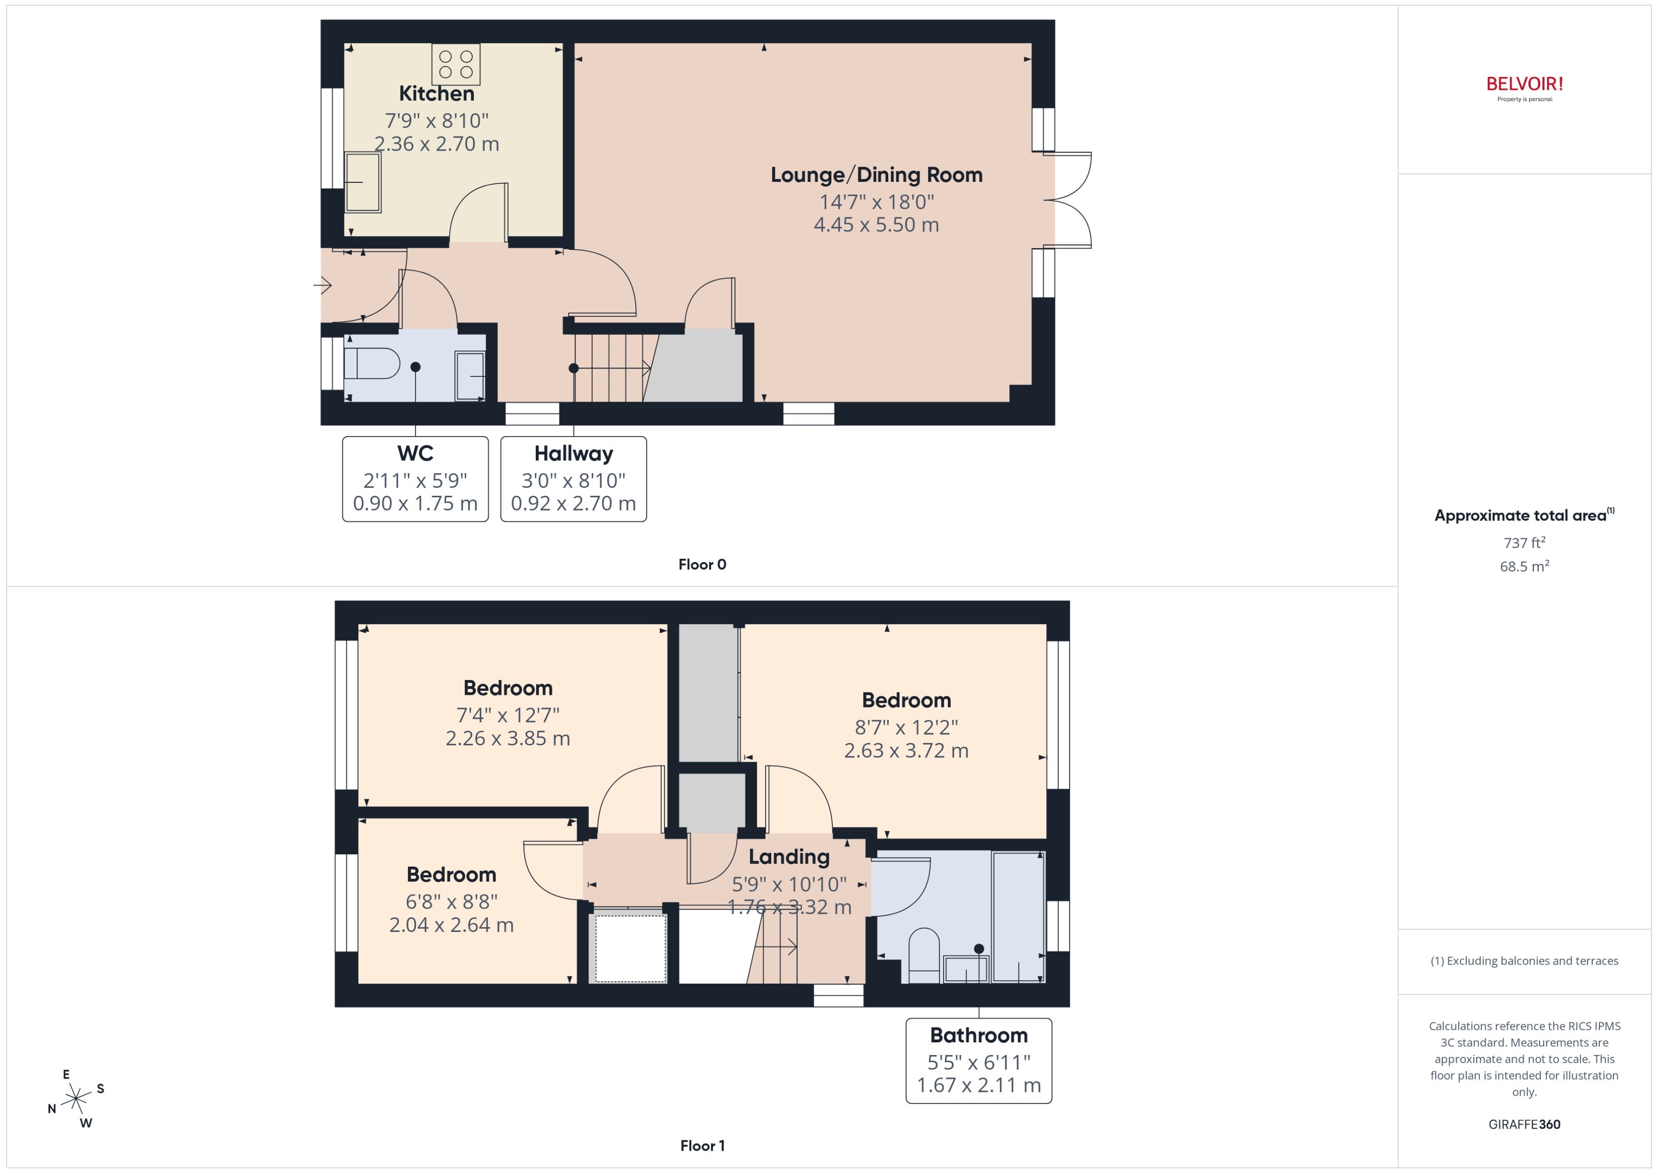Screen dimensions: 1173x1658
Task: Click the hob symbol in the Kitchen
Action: coord(456,63)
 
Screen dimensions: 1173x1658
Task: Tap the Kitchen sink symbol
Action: coord(363,182)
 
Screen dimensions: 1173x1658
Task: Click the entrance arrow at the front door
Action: coord(323,285)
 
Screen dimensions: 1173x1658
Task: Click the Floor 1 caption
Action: coord(702,1146)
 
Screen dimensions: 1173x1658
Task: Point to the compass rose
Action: coord(75,1099)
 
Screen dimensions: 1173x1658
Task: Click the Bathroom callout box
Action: coord(978,1060)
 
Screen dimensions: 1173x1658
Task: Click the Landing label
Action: coord(788,857)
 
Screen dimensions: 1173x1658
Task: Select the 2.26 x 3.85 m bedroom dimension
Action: coord(507,738)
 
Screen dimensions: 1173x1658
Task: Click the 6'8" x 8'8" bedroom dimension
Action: coord(451,902)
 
